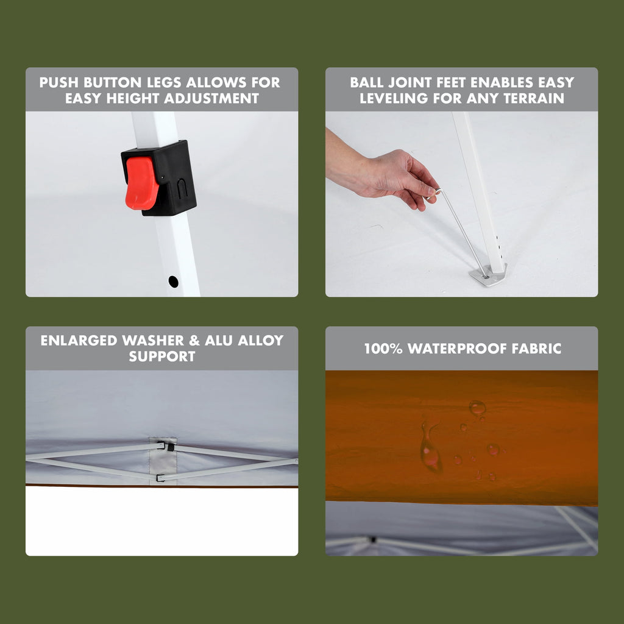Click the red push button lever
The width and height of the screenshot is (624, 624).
tap(141, 183)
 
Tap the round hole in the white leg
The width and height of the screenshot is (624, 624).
tap(174, 282)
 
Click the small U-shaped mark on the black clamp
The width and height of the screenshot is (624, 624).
tap(182, 189)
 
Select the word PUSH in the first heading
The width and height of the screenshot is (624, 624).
tap(59, 82)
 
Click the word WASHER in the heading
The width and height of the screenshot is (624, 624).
tap(153, 341)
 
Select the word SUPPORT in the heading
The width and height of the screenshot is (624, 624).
tap(162, 356)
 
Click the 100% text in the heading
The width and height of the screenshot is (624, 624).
tap(383, 349)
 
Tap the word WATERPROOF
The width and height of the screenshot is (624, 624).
tap(457, 349)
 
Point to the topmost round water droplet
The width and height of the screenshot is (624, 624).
tap(477, 408)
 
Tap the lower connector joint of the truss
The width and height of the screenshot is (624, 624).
tap(161, 478)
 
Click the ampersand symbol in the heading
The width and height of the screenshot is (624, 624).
tap(194, 341)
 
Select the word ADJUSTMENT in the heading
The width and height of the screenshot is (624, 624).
tap(211, 98)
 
